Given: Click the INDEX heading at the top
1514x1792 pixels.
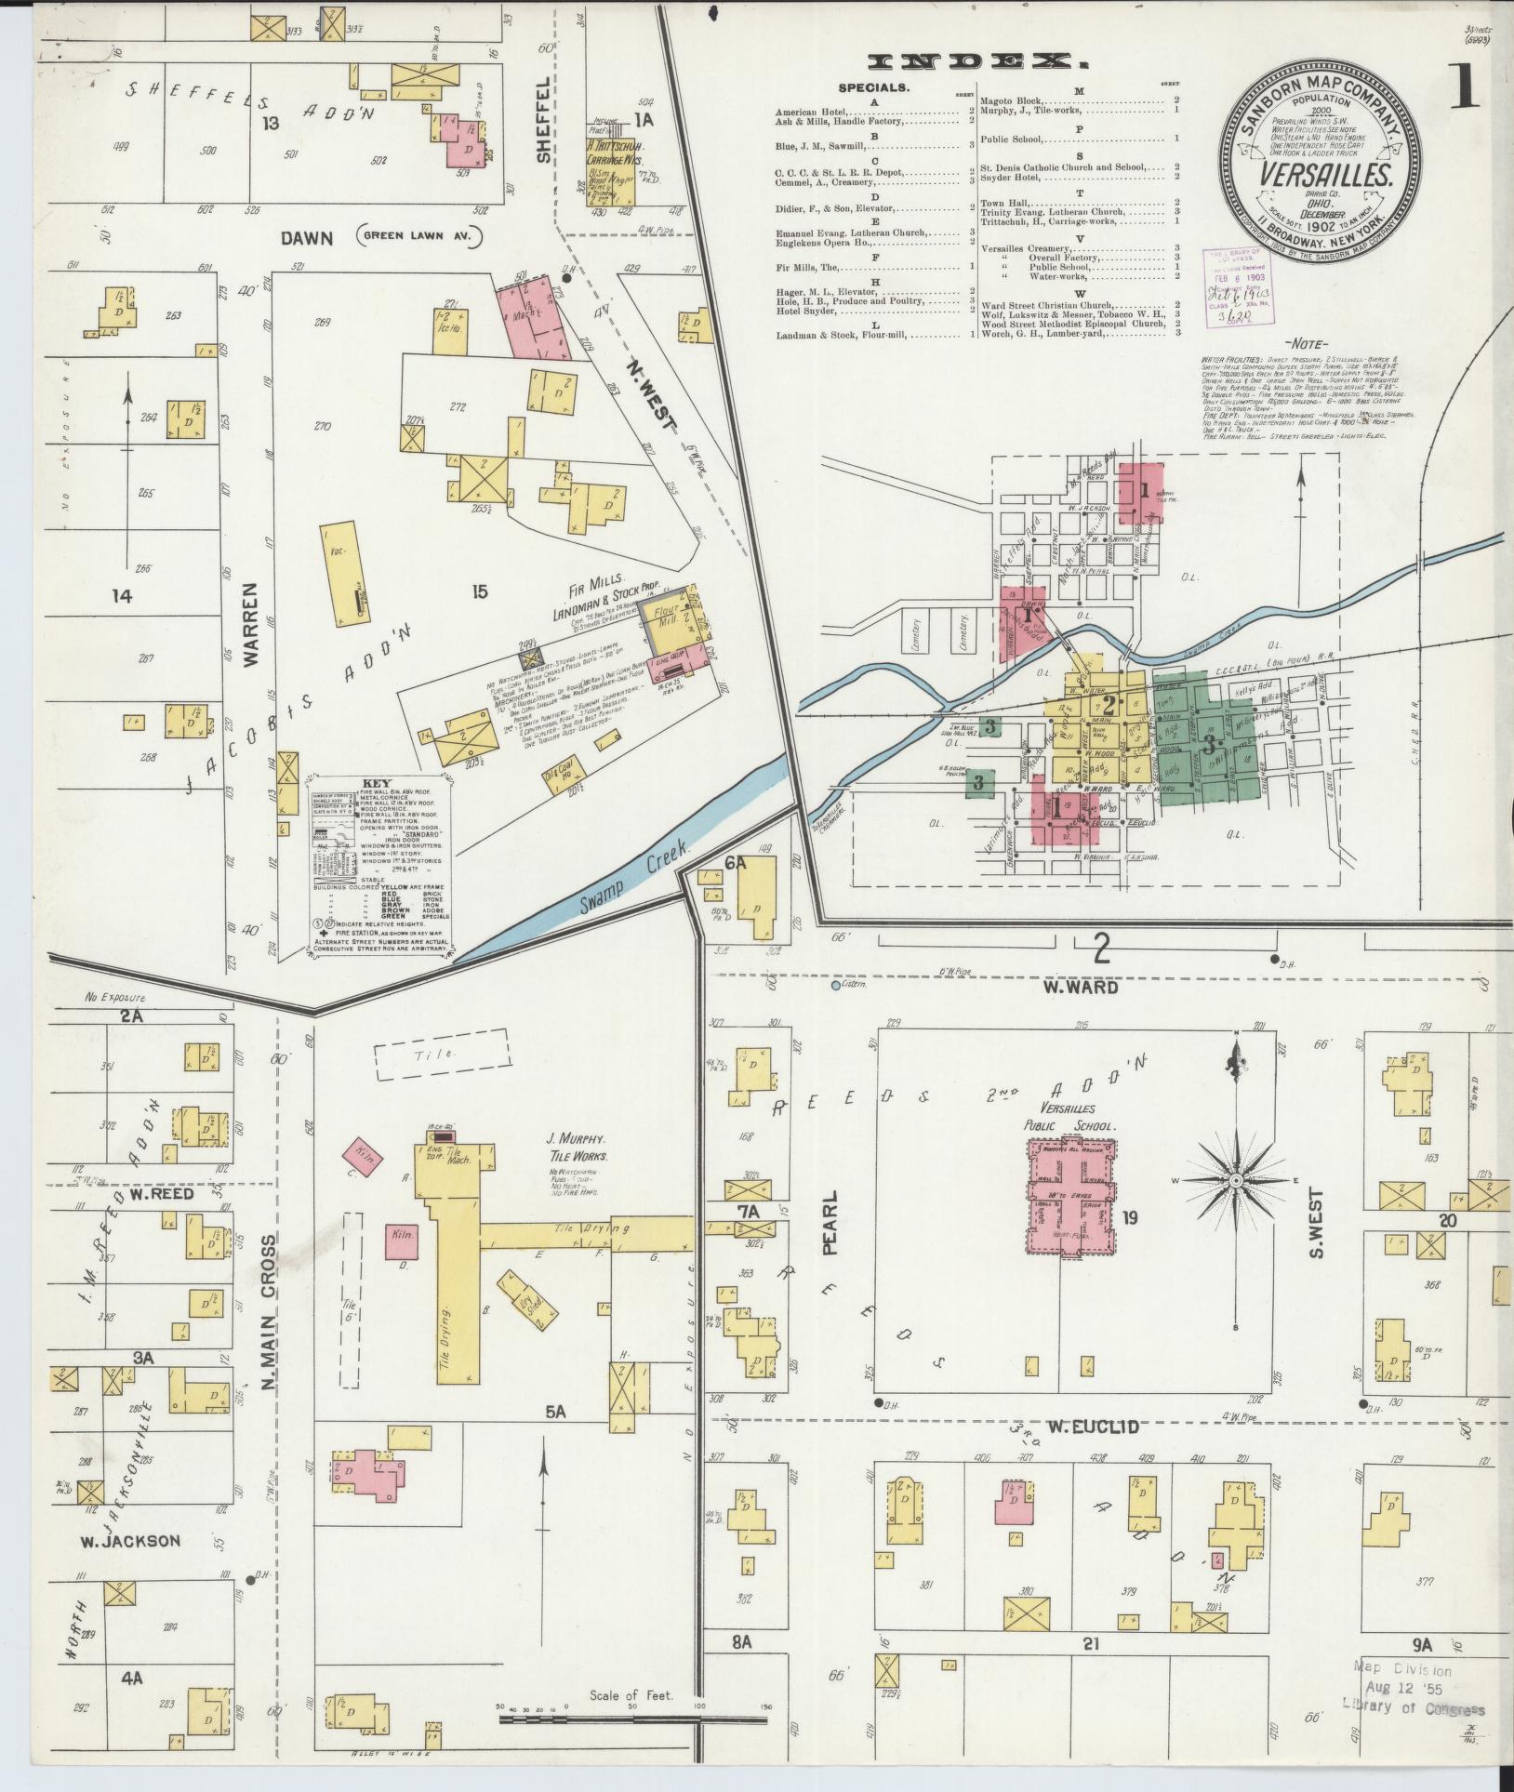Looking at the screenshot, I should pyautogui.click(x=976, y=62).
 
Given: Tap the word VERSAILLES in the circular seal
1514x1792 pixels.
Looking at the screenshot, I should pyautogui.click(x=1324, y=175).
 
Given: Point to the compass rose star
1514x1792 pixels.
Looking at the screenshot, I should pyautogui.click(x=1236, y=1180).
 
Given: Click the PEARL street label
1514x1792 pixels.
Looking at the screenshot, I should pyautogui.click(x=830, y=1222).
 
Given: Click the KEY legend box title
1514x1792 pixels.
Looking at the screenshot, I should pyautogui.click(x=378, y=784).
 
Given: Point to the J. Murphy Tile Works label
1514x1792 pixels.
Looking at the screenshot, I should pyautogui.click(x=578, y=1147).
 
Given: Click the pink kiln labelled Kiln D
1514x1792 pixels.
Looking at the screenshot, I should pyautogui.click(x=401, y=1239).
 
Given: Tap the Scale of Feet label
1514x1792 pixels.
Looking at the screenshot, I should pyautogui.click(x=631, y=1695).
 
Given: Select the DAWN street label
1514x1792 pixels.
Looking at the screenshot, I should pyautogui.click(x=307, y=238).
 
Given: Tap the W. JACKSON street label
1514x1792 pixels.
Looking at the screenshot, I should pyautogui.click(x=130, y=1541).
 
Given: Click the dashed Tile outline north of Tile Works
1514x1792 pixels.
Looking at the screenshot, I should pyautogui.click(x=442, y=1054).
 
